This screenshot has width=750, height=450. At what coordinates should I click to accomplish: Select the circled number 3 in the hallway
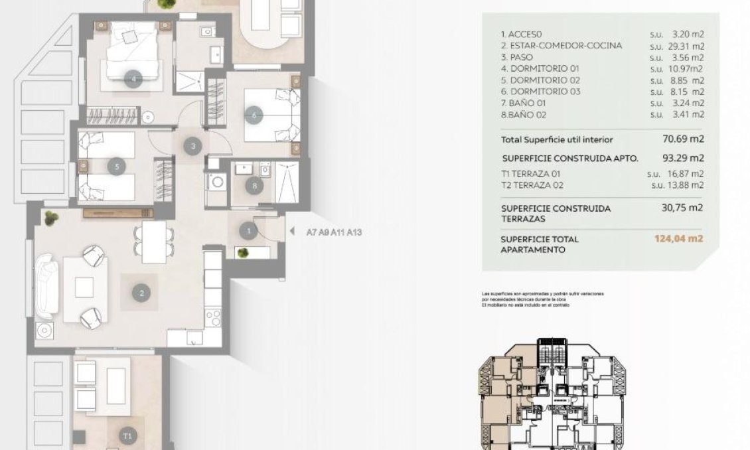192,146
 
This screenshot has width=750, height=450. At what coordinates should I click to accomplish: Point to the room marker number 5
117,167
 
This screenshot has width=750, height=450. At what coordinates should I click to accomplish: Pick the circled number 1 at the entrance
248,231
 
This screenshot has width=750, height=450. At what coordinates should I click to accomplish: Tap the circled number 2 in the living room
141,292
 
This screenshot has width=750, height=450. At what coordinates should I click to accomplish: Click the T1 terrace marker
128,436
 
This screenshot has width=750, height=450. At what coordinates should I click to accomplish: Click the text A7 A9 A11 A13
334,233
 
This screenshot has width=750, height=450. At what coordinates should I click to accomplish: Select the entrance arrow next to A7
292,232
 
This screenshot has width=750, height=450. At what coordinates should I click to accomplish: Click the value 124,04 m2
678,239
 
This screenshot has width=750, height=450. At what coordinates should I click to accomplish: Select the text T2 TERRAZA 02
536,185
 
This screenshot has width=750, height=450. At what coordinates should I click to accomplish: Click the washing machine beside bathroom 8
216,181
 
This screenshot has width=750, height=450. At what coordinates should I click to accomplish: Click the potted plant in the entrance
244,253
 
